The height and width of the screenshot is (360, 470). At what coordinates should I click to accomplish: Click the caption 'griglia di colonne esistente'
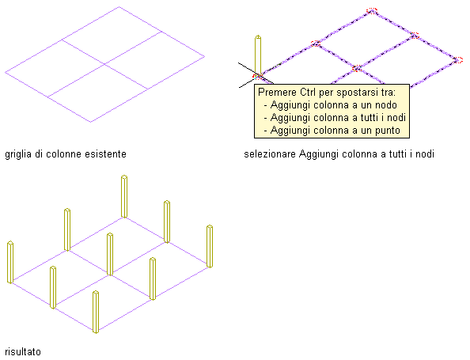[66, 154]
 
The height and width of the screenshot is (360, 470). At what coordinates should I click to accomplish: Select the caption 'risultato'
[23, 351]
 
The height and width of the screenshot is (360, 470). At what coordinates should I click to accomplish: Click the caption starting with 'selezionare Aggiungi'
[339, 154]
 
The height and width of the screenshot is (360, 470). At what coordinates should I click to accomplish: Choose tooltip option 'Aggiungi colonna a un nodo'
[334, 105]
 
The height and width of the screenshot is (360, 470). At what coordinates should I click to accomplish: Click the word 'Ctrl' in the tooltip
[308, 92]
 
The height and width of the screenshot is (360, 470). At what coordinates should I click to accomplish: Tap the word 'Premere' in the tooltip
[277, 92]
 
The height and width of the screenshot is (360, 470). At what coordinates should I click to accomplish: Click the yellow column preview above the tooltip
[258, 55]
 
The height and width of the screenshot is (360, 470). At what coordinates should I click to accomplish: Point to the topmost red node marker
[372, 11]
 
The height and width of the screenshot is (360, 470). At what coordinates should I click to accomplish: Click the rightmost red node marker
[457, 60]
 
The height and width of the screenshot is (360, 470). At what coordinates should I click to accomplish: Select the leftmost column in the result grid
[10, 262]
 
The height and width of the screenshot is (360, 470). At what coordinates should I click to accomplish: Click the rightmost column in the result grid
[210, 246]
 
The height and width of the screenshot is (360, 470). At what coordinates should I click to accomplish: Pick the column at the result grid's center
[110, 254]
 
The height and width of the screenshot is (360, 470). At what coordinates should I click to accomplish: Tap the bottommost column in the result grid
[96, 312]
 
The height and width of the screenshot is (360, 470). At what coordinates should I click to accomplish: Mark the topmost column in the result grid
[124, 196]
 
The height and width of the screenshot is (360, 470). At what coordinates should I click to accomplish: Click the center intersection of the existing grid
[105, 64]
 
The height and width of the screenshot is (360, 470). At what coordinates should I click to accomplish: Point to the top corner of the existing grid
[119, 6]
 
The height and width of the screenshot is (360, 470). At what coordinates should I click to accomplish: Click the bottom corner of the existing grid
[91, 122]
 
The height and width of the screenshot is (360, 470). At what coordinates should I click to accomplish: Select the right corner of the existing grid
[205, 56]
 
